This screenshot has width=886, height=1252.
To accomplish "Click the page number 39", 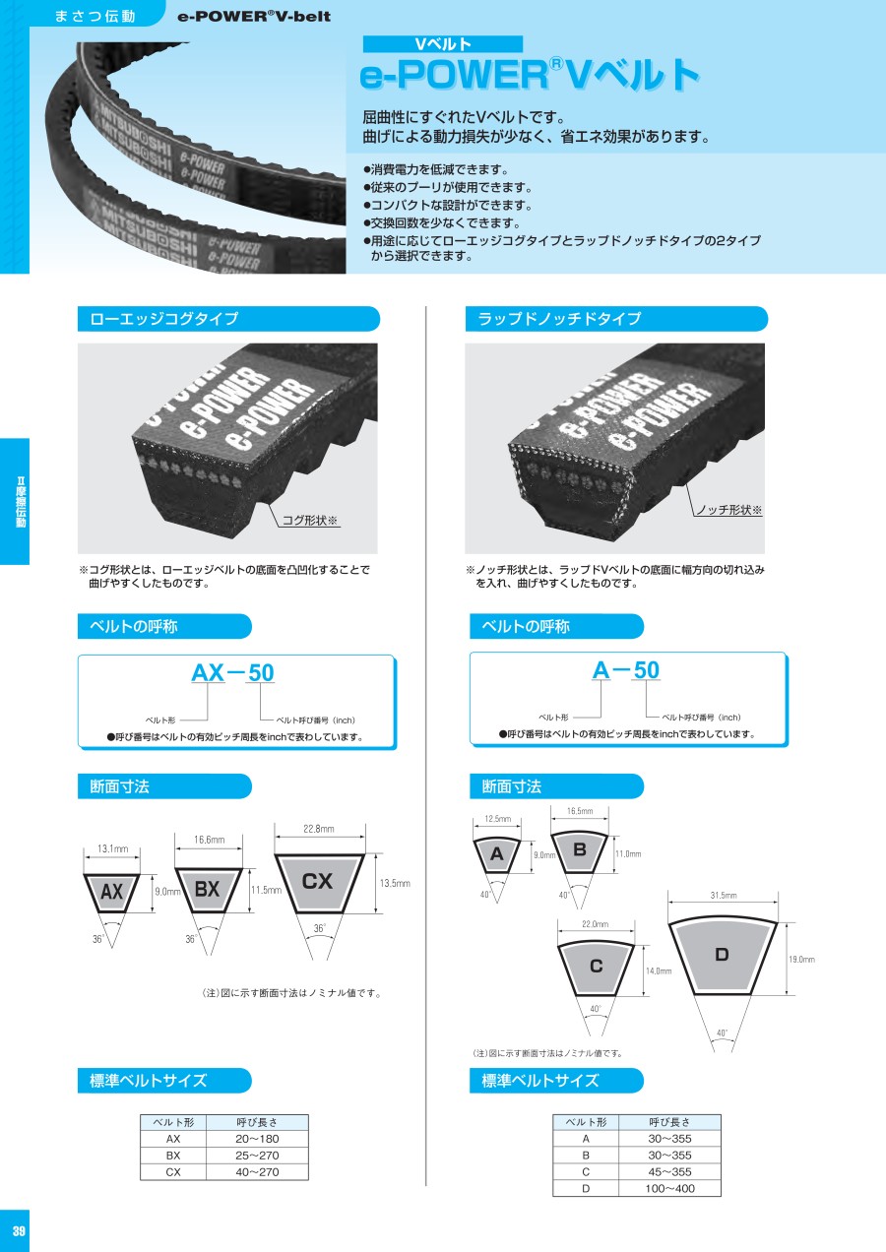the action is (19, 1230).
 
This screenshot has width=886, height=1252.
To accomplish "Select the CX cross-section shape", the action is (319, 883).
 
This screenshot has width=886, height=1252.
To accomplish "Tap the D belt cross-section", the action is (723, 957).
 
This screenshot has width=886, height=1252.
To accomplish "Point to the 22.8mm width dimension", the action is (319, 829).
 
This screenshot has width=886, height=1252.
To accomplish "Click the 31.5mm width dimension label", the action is (724, 895).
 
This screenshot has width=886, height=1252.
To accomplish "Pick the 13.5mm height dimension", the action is (395, 883).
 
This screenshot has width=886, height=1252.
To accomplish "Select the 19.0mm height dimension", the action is (801, 959).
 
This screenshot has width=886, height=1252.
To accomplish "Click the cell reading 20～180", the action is (257, 1139).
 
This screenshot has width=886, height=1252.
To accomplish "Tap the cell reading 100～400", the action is (669, 1188).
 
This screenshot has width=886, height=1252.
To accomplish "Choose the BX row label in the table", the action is (173, 1156).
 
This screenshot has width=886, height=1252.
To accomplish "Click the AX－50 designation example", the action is (232, 672).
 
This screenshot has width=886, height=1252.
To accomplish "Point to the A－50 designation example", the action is (626, 669).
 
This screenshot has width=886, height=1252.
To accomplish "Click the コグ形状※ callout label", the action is (309, 520).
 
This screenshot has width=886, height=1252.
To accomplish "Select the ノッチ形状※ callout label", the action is (728, 509).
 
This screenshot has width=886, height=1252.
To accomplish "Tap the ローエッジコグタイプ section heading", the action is (163, 319).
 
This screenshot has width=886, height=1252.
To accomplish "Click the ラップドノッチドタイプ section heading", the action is (559, 319).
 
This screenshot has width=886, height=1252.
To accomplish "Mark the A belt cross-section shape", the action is (497, 855).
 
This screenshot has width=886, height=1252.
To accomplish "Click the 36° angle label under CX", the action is (319, 928).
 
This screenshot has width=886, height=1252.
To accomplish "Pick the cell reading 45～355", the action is (669, 1171).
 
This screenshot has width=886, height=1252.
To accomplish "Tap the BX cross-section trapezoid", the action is (208, 890).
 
